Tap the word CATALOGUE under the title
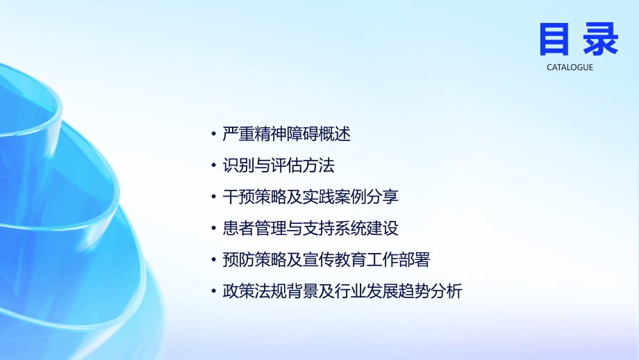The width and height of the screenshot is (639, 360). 570,67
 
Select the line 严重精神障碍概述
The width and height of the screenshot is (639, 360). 286,133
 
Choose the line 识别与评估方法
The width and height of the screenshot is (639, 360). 279,165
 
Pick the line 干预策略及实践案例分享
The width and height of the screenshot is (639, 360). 310,197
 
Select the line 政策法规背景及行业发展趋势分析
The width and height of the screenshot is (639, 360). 342,291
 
